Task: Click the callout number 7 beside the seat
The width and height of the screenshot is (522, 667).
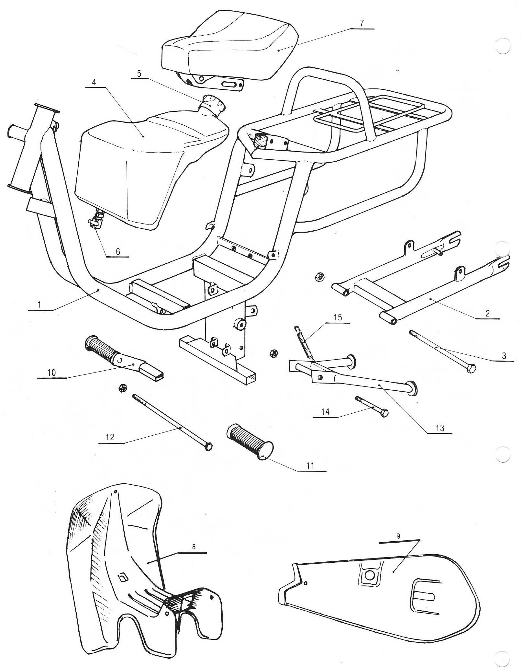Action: [361, 23]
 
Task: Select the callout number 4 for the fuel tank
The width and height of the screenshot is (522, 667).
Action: [94, 82]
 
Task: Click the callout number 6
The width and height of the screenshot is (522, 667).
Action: [118, 251]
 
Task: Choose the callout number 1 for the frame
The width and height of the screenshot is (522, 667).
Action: [39, 305]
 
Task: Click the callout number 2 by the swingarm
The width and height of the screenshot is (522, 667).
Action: [487, 313]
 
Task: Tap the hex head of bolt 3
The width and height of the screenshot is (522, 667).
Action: [471, 369]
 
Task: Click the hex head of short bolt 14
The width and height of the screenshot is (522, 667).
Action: [384, 413]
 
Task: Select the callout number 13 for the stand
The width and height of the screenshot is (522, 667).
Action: [440, 428]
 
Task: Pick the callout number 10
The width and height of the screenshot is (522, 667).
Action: [51, 373]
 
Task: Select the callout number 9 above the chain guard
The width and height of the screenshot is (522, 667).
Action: [398, 536]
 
